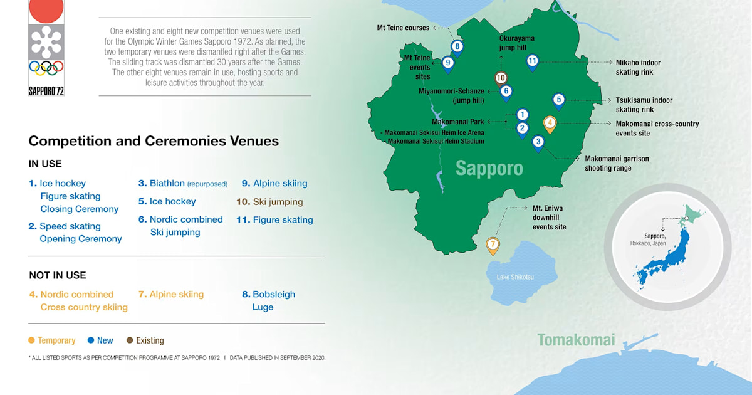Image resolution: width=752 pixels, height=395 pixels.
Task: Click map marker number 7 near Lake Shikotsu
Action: [493, 245]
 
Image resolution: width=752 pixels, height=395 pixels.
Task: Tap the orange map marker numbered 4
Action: [550, 123]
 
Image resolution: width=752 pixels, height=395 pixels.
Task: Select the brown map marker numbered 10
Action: [501, 78]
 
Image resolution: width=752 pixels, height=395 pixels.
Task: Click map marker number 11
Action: [532, 61]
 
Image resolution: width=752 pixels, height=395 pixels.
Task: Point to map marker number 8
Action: [457, 46]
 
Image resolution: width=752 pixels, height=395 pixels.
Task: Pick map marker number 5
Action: [558, 99]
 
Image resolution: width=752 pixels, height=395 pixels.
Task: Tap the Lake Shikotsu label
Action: [511, 276]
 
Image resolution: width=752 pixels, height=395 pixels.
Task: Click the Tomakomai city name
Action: [576, 340]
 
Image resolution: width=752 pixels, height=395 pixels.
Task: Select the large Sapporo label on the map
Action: [489, 168]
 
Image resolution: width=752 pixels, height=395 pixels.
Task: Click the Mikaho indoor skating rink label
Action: [638, 68]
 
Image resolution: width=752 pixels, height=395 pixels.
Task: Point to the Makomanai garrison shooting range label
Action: [617, 164]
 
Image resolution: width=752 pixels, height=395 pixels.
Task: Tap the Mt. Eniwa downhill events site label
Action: [549, 217]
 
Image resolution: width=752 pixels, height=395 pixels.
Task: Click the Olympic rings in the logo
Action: [46, 68]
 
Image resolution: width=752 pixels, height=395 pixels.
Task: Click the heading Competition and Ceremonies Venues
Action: [154, 141]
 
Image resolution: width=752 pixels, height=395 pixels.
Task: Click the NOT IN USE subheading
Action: [58, 275]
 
